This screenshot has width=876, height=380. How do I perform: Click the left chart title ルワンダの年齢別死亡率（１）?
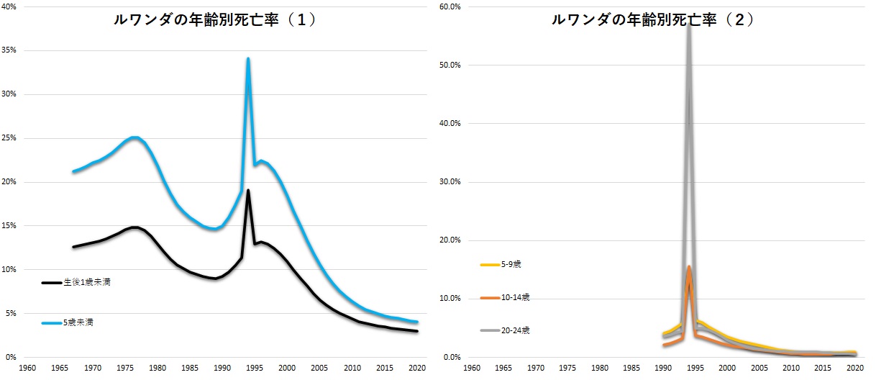point(215,20)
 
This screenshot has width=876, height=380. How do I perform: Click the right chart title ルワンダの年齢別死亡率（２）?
point(652,20)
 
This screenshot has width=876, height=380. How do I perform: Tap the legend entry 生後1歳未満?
point(86,283)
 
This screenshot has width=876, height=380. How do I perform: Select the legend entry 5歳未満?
point(78,323)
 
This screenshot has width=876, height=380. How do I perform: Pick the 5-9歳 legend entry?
point(511,265)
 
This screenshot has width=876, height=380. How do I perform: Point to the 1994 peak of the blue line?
point(248,59)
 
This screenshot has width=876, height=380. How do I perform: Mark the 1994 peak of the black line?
point(248,191)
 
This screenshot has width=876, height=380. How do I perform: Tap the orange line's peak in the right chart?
point(689,267)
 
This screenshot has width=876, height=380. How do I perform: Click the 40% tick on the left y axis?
point(12,6)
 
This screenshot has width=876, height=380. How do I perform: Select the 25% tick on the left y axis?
point(12,138)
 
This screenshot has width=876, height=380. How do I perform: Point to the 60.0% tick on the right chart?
point(450,6)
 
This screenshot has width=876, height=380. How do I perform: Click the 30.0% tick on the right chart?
point(450,181)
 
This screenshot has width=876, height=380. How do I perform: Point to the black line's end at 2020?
point(417,331)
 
